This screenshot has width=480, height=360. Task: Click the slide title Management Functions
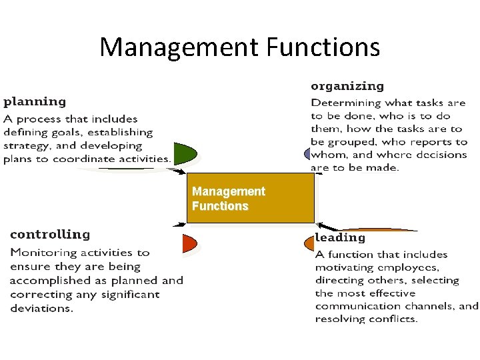tap(240, 47)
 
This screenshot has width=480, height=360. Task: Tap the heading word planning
tap(35, 102)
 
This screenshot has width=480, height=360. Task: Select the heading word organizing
tap(347, 86)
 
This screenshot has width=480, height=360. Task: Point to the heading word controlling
tap(50, 235)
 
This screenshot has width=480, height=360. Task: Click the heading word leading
tap(340, 237)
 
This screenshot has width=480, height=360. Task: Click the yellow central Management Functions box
tap(250, 199)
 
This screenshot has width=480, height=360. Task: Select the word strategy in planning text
tap(25, 145)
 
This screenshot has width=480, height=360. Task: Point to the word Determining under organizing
tap(345, 103)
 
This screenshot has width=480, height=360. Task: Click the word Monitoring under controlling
tap(41, 253)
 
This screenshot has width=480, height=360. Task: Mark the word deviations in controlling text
tap(41, 308)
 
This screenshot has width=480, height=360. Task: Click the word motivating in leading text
tap(346, 267)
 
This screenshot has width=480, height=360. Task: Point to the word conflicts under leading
tap(395, 319)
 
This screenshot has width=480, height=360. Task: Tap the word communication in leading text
tap(355, 306)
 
